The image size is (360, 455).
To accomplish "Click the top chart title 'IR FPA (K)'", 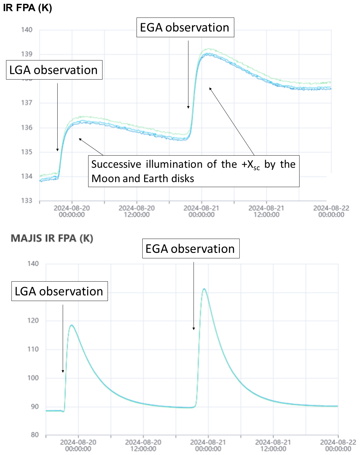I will click(x=27, y=7).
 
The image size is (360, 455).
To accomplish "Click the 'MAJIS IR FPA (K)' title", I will click(x=52, y=238).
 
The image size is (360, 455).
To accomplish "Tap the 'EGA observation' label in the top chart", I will click(x=185, y=28).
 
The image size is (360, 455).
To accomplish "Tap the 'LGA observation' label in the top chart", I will click(x=54, y=70).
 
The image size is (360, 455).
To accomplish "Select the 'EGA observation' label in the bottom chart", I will click(x=190, y=249).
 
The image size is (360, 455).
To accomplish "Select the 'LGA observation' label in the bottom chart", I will click(x=59, y=291).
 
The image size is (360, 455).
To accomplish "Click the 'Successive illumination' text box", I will click(x=194, y=171).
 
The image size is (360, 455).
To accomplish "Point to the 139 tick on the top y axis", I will click(x=27, y=54).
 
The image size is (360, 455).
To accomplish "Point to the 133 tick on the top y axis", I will click(x=27, y=200).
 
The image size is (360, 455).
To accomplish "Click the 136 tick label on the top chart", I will click(x=27, y=128).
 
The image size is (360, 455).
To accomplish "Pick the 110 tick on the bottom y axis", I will click(x=33, y=349).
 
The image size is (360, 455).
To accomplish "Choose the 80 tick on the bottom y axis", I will click(x=35, y=435).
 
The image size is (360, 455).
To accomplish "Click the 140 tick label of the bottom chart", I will click(x=33, y=264).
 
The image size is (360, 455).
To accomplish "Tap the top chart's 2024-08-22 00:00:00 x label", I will click(x=331, y=211).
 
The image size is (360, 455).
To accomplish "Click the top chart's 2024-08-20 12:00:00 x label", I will click(x=137, y=211).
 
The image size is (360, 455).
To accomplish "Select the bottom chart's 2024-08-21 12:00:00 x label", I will click(x=273, y=445).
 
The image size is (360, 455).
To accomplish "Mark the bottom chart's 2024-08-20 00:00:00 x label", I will click(x=78, y=445).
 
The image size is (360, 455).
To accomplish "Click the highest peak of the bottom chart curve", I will click(x=204, y=289).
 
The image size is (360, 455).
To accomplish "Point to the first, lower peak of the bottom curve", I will click(x=72, y=325).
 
